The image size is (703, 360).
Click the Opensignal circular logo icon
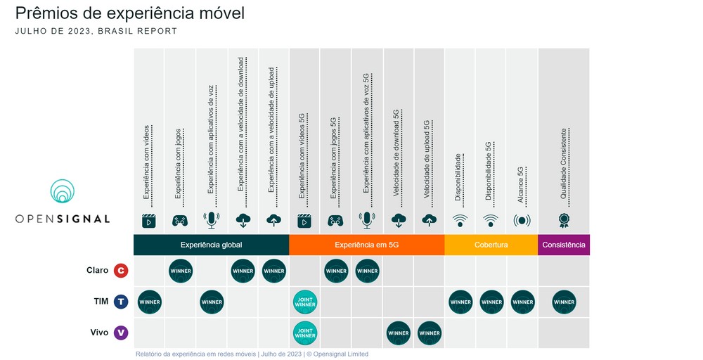click(63, 192)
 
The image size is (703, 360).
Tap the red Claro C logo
click(121, 271)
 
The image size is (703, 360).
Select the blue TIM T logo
click(121, 302)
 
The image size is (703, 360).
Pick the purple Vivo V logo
click(121, 333)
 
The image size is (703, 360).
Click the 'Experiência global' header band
click(211, 245)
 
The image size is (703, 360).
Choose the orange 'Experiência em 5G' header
click(366, 245)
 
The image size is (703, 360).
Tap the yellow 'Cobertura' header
click(491, 245)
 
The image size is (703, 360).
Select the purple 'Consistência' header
click(563, 245)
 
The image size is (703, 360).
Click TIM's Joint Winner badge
click(305, 302)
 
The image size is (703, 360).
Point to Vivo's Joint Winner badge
click(305, 333)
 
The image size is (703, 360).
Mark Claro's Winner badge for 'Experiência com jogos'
click(181, 271)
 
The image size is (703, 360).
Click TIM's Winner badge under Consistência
click(564, 302)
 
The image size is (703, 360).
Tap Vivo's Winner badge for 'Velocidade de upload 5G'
click(429, 333)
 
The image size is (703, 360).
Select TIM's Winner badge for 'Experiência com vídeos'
click(150, 302)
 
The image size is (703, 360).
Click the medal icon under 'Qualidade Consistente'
click(563, 220)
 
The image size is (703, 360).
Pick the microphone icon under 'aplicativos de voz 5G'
click(366, 220)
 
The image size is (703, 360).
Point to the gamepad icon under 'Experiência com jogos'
click(180, 220)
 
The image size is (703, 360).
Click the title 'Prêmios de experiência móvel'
click(130, 13)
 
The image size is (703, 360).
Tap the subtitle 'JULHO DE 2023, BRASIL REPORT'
click(96, 31)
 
